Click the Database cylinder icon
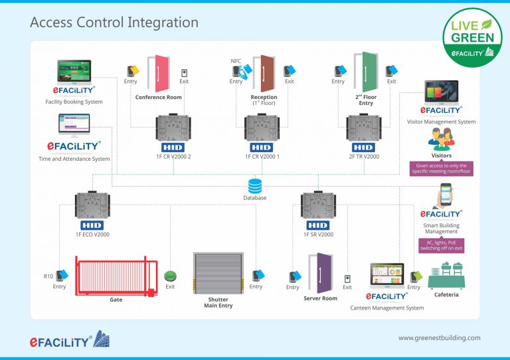click(255, 185)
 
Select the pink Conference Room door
click(158, 74)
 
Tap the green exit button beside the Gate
click(170, 275)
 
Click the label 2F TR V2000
click(364, 156)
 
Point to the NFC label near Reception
click(236, 61)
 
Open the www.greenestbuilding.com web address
click(439, 337)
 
